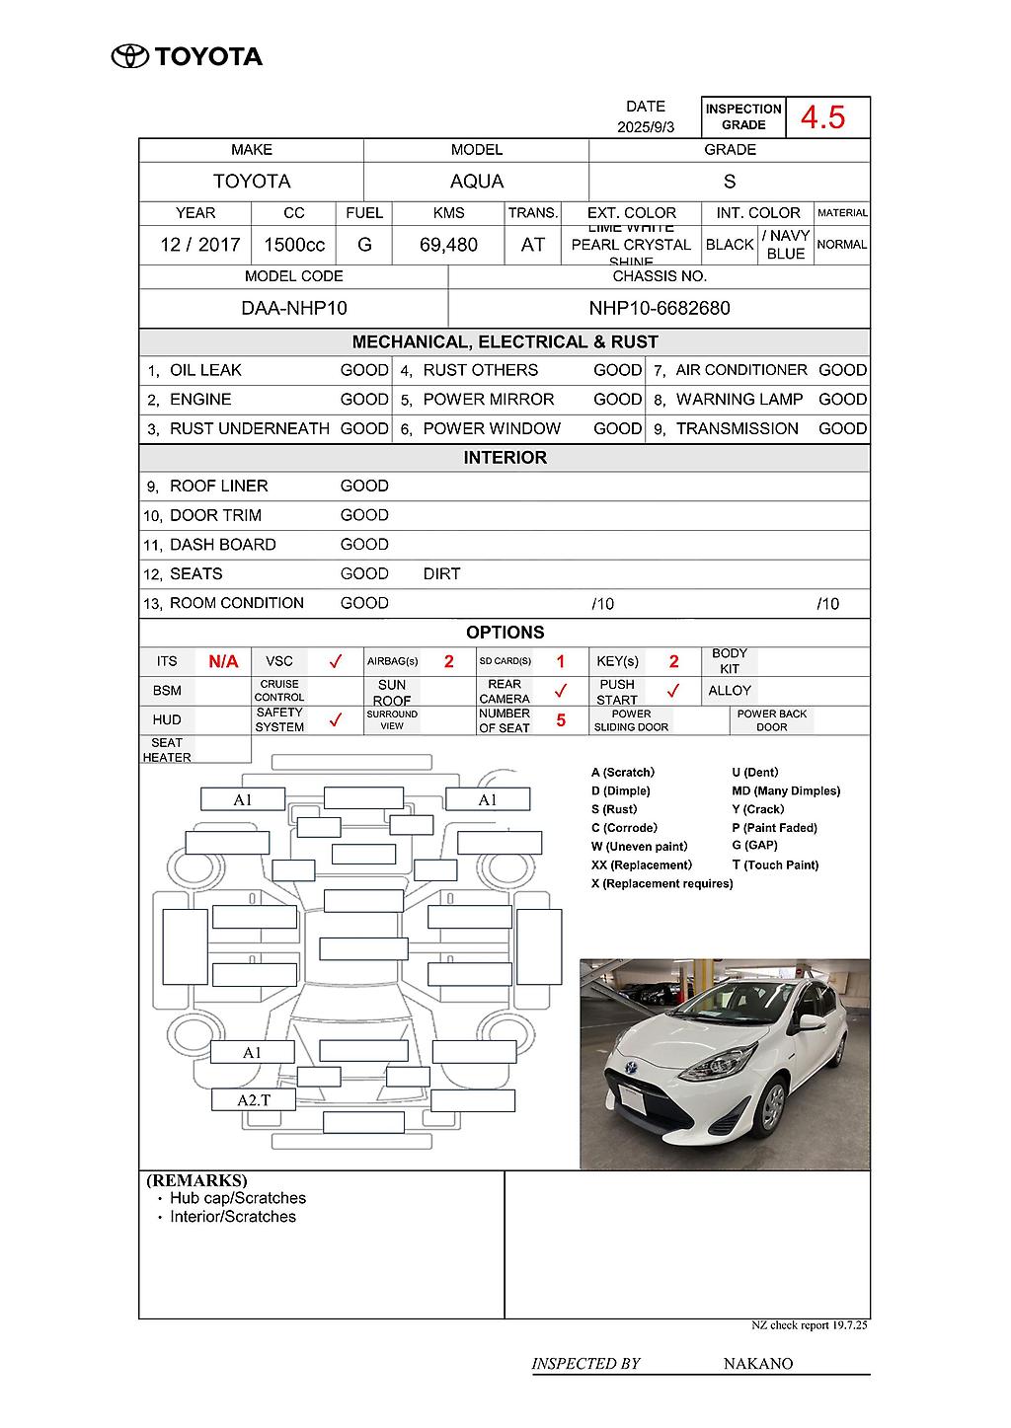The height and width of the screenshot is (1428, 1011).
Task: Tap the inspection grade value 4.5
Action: (822, 117)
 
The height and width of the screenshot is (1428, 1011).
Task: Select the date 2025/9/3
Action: (646, 127)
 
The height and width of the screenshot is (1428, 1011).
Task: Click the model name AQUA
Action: (477, 182)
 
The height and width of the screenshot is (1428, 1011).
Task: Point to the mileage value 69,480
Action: (448, 245)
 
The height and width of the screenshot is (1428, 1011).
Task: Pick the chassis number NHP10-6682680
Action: (660, 308)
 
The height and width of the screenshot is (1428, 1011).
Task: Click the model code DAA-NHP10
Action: (294, 308)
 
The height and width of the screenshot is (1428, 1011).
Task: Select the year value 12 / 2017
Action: (200, 245)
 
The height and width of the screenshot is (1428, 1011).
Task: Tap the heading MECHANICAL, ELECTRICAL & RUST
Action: (505, 342)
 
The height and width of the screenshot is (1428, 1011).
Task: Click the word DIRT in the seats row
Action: (441, 573)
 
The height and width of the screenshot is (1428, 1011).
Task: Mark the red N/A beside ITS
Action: (223, 661)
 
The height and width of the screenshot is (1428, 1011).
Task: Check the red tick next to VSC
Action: (335, 661)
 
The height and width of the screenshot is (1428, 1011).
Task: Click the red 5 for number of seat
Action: (561, 720)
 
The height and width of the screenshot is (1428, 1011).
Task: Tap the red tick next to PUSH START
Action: (672, 691)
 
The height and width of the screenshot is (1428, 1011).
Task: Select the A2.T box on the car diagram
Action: (254, 1099)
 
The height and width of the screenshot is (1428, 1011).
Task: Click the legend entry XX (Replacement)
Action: (642, 865)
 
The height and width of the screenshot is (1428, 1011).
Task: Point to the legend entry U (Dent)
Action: (755, 773)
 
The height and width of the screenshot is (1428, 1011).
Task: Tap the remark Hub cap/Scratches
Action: (238, 1198)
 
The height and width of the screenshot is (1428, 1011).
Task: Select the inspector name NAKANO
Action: (758, 1364)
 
